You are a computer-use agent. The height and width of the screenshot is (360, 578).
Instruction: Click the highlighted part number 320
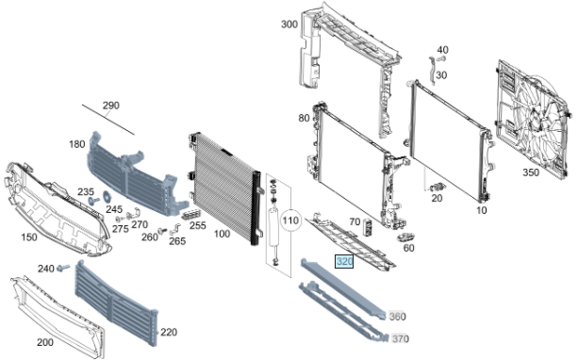click(344, 262)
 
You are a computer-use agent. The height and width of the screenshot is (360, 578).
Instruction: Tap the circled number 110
click(290, 221)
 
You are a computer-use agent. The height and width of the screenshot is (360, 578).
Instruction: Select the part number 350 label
click(531, 172)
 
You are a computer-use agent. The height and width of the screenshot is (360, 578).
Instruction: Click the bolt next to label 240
click(64, 267)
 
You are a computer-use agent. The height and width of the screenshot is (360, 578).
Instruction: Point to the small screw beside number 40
click(441, 59)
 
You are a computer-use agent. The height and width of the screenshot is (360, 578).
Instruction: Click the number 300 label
click(289, 25)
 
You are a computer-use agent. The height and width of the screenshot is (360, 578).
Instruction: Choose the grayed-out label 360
click(397, 316)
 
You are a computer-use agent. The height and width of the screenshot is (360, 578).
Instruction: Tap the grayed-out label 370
click(401, 338)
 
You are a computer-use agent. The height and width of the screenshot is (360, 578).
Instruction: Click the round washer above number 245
click(107, 197)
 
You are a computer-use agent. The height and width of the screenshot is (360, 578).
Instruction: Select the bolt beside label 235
click(93, 201)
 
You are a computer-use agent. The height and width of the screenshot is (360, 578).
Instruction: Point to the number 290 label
click(111, 106)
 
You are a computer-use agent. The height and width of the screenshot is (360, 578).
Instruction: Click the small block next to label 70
click(368, 226)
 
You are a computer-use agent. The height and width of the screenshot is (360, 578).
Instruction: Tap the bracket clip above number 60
click(405, 237)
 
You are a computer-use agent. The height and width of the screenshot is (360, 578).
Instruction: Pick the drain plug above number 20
click(438, 187)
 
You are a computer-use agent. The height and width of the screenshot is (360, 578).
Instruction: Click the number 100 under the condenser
click(222, 234)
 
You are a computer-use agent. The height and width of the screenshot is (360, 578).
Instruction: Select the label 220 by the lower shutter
click(169, 332)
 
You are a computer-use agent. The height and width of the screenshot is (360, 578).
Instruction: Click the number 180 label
click(77, 144)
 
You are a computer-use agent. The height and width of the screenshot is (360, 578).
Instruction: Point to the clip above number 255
click(191, 214)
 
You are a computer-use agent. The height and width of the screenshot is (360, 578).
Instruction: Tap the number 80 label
click(304, 119)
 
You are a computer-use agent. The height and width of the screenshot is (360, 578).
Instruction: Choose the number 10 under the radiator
click(482, 210)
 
